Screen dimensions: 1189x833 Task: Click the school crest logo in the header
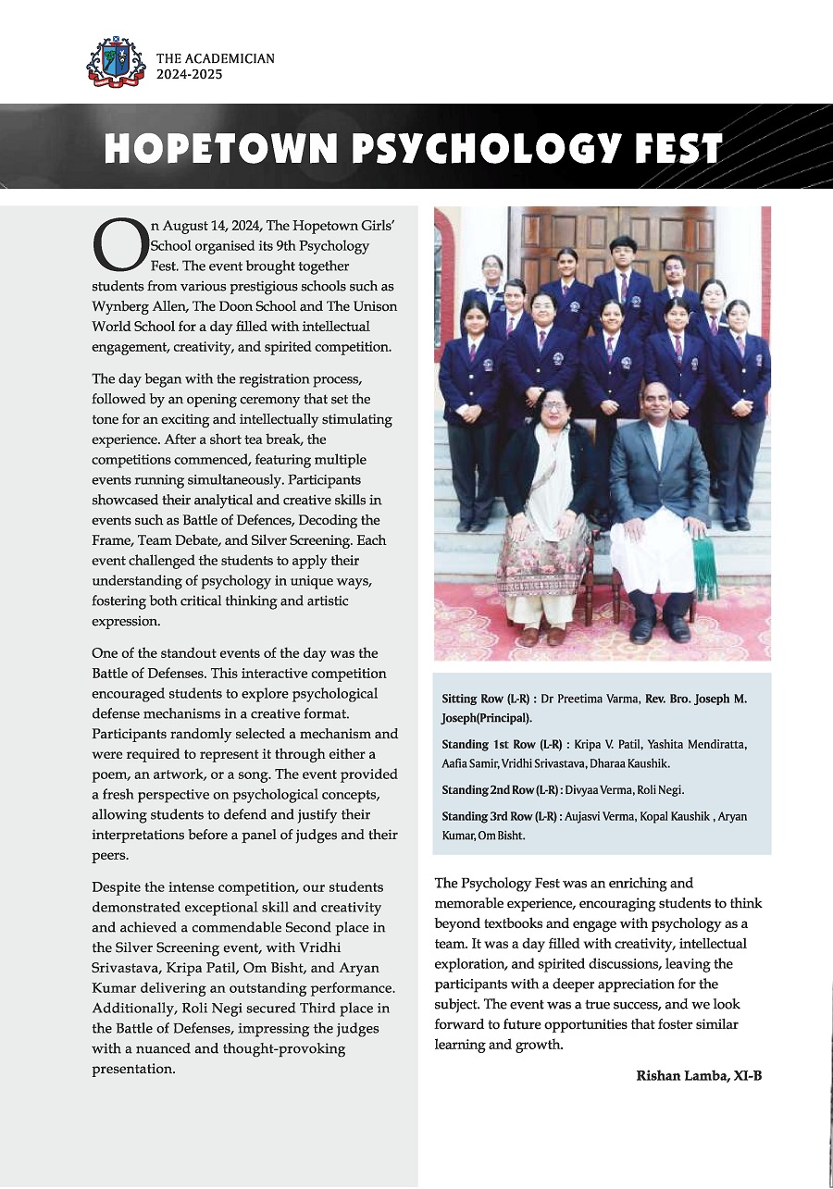(116, 62)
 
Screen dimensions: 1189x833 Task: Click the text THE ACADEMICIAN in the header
(215, 58)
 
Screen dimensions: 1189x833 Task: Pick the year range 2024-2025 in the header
(189, 75)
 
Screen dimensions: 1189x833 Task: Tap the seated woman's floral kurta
(542, 555)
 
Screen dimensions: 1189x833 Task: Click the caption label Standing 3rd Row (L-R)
(500, 816)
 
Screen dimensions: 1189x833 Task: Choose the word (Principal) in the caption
(505, 718)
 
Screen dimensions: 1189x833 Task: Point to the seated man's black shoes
(658, 629)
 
